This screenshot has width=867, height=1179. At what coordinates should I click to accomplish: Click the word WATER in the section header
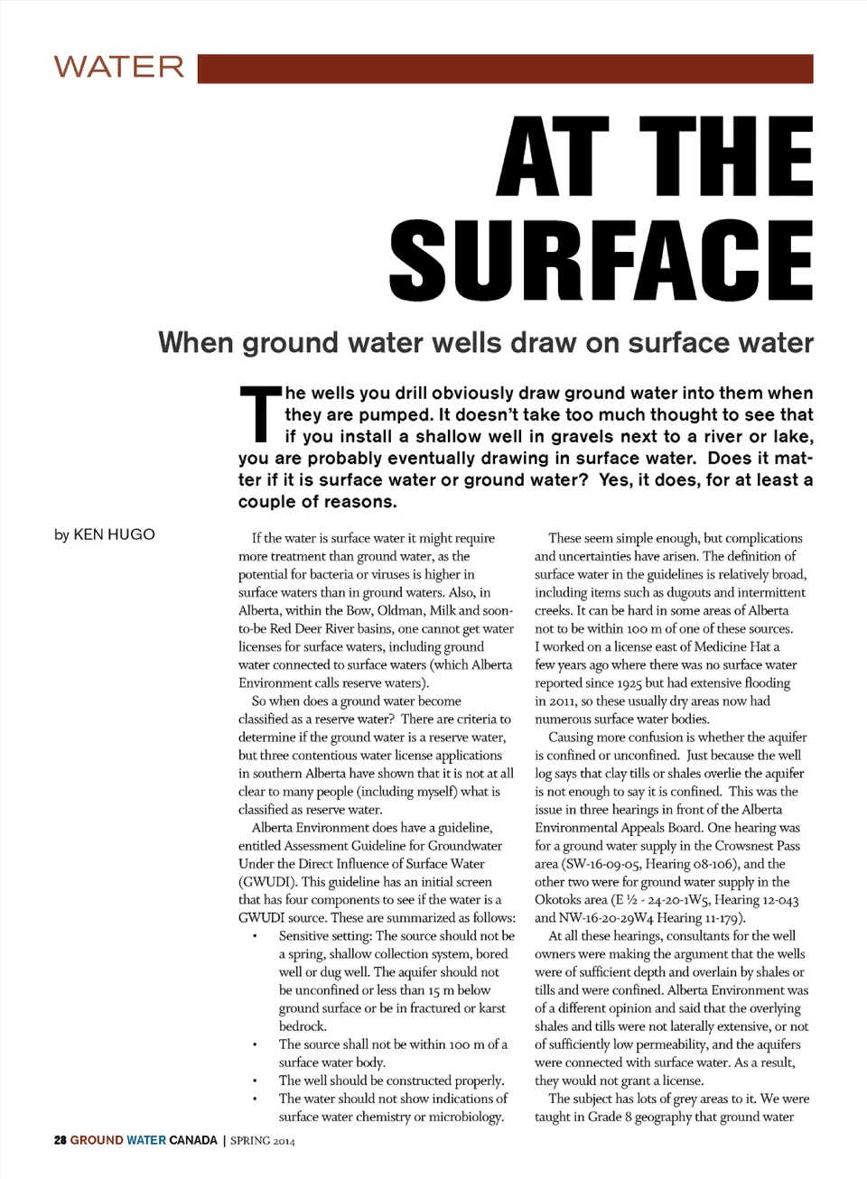tap(119, 68)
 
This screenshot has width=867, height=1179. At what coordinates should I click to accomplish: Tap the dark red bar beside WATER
tap(505, 69)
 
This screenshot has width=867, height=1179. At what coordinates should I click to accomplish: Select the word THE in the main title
tap(727, 157)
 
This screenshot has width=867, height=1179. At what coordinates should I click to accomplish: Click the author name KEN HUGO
tap(114, 534)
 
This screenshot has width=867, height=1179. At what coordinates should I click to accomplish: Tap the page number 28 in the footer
tap(60, 1140)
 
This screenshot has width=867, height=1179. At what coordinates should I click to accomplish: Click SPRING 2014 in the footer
tap(263, 1141)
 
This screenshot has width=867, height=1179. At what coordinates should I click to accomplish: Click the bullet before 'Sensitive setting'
tap(256, 937)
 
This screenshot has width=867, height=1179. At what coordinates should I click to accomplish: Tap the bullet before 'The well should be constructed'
tap(256, 1082)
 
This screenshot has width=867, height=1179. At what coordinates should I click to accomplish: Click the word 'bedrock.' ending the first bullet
tap(303, 1026)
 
